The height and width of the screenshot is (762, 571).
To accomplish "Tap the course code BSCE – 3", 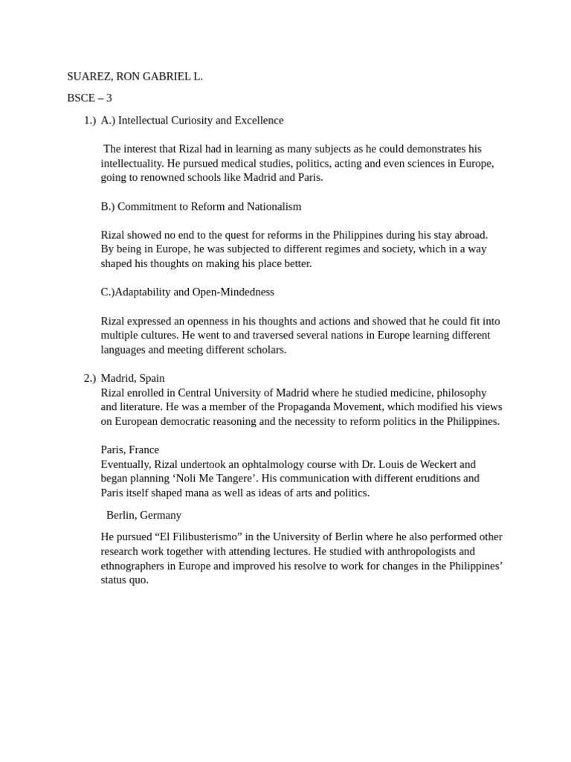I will tap(89, 98).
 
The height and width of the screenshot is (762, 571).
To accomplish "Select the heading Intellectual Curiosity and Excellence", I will tap(201, 121).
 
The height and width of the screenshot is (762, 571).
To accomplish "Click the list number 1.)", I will tap(90, 121).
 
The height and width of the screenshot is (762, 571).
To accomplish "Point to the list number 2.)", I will tap(90, 379).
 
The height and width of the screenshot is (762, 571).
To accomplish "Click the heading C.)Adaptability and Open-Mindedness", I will tap(187, 292).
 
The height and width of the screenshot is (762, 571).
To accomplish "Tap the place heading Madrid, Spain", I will tap(132, 379).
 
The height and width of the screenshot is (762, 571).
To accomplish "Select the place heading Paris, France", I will tap(129, 450).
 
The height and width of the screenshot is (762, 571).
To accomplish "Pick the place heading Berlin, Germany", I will tap(143, 515).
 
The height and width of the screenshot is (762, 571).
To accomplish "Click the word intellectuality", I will tap(132, 164).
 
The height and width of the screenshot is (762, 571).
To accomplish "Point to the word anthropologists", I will tap(419, 551).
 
